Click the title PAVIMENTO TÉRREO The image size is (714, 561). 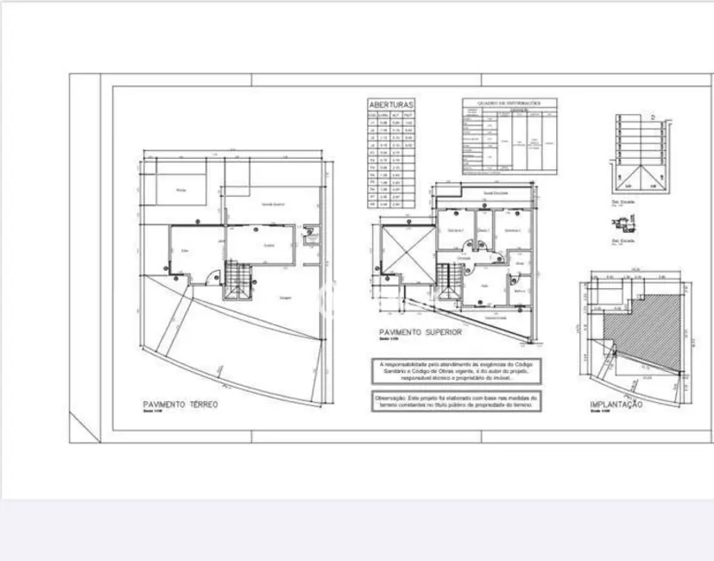[180, 404]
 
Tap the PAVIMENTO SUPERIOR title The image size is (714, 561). [420, 331]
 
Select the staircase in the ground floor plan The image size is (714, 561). [237, 279]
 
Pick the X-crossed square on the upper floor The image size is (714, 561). [405, 252]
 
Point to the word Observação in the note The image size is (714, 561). [391, 398]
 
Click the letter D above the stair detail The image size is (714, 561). [653, 116]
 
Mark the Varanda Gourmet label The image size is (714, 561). [275, 205]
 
